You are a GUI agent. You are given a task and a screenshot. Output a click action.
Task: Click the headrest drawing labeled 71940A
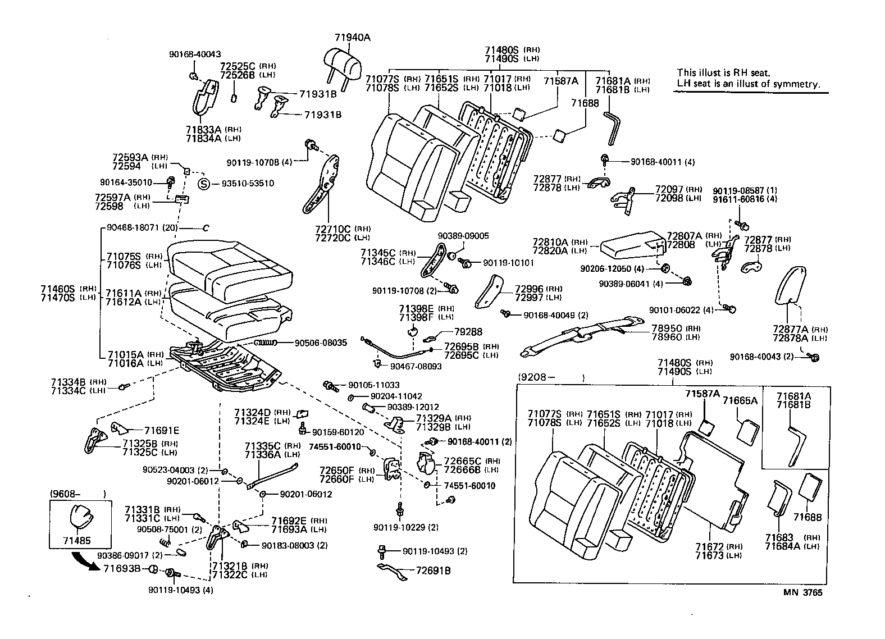coord(342,62)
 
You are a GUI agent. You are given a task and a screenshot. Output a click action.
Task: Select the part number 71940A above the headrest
coord(353,38)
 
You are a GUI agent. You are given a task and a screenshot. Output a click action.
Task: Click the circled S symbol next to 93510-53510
coord(205,184)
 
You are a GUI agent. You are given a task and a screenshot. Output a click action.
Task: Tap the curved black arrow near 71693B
coord(85,562)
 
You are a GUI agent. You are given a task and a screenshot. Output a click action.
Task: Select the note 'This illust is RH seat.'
coord(723,72)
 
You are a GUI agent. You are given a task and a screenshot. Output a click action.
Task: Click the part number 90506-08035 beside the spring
coord(321,342)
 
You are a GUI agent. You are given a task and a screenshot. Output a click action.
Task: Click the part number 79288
coord(468,332)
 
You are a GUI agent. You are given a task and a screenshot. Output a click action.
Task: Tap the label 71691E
coord(162,431)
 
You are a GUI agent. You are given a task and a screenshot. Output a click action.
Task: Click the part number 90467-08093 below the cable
coord(416,366)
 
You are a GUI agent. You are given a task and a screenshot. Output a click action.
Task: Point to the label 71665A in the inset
coord(740,400)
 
